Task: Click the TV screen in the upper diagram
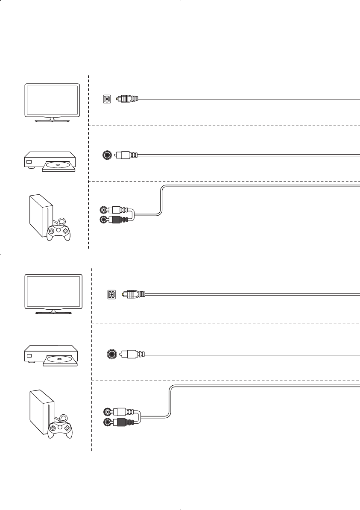[x=52, y=100]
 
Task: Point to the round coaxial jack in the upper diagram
[x=107, y=155]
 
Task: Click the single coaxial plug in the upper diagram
[x=126, y=155]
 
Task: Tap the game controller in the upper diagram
[x=59, y=231]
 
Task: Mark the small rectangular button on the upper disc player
[x=29, y=162]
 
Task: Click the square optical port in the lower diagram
[x=111, y=294]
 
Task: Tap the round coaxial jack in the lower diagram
[x=112, y=354]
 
